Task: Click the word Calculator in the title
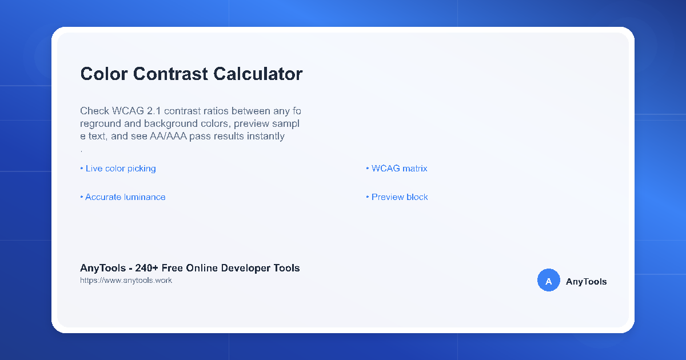258,74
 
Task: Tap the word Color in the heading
104,74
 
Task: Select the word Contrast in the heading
170,74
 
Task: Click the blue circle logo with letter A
548,280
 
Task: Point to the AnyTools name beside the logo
586,282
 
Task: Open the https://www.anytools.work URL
126,281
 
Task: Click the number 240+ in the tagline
147,268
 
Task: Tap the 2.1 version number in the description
154,111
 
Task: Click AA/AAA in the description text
168,136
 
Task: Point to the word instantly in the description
266,137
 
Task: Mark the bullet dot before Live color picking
82,169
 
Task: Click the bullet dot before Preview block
368,197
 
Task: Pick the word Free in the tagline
172,268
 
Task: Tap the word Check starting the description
95,111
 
